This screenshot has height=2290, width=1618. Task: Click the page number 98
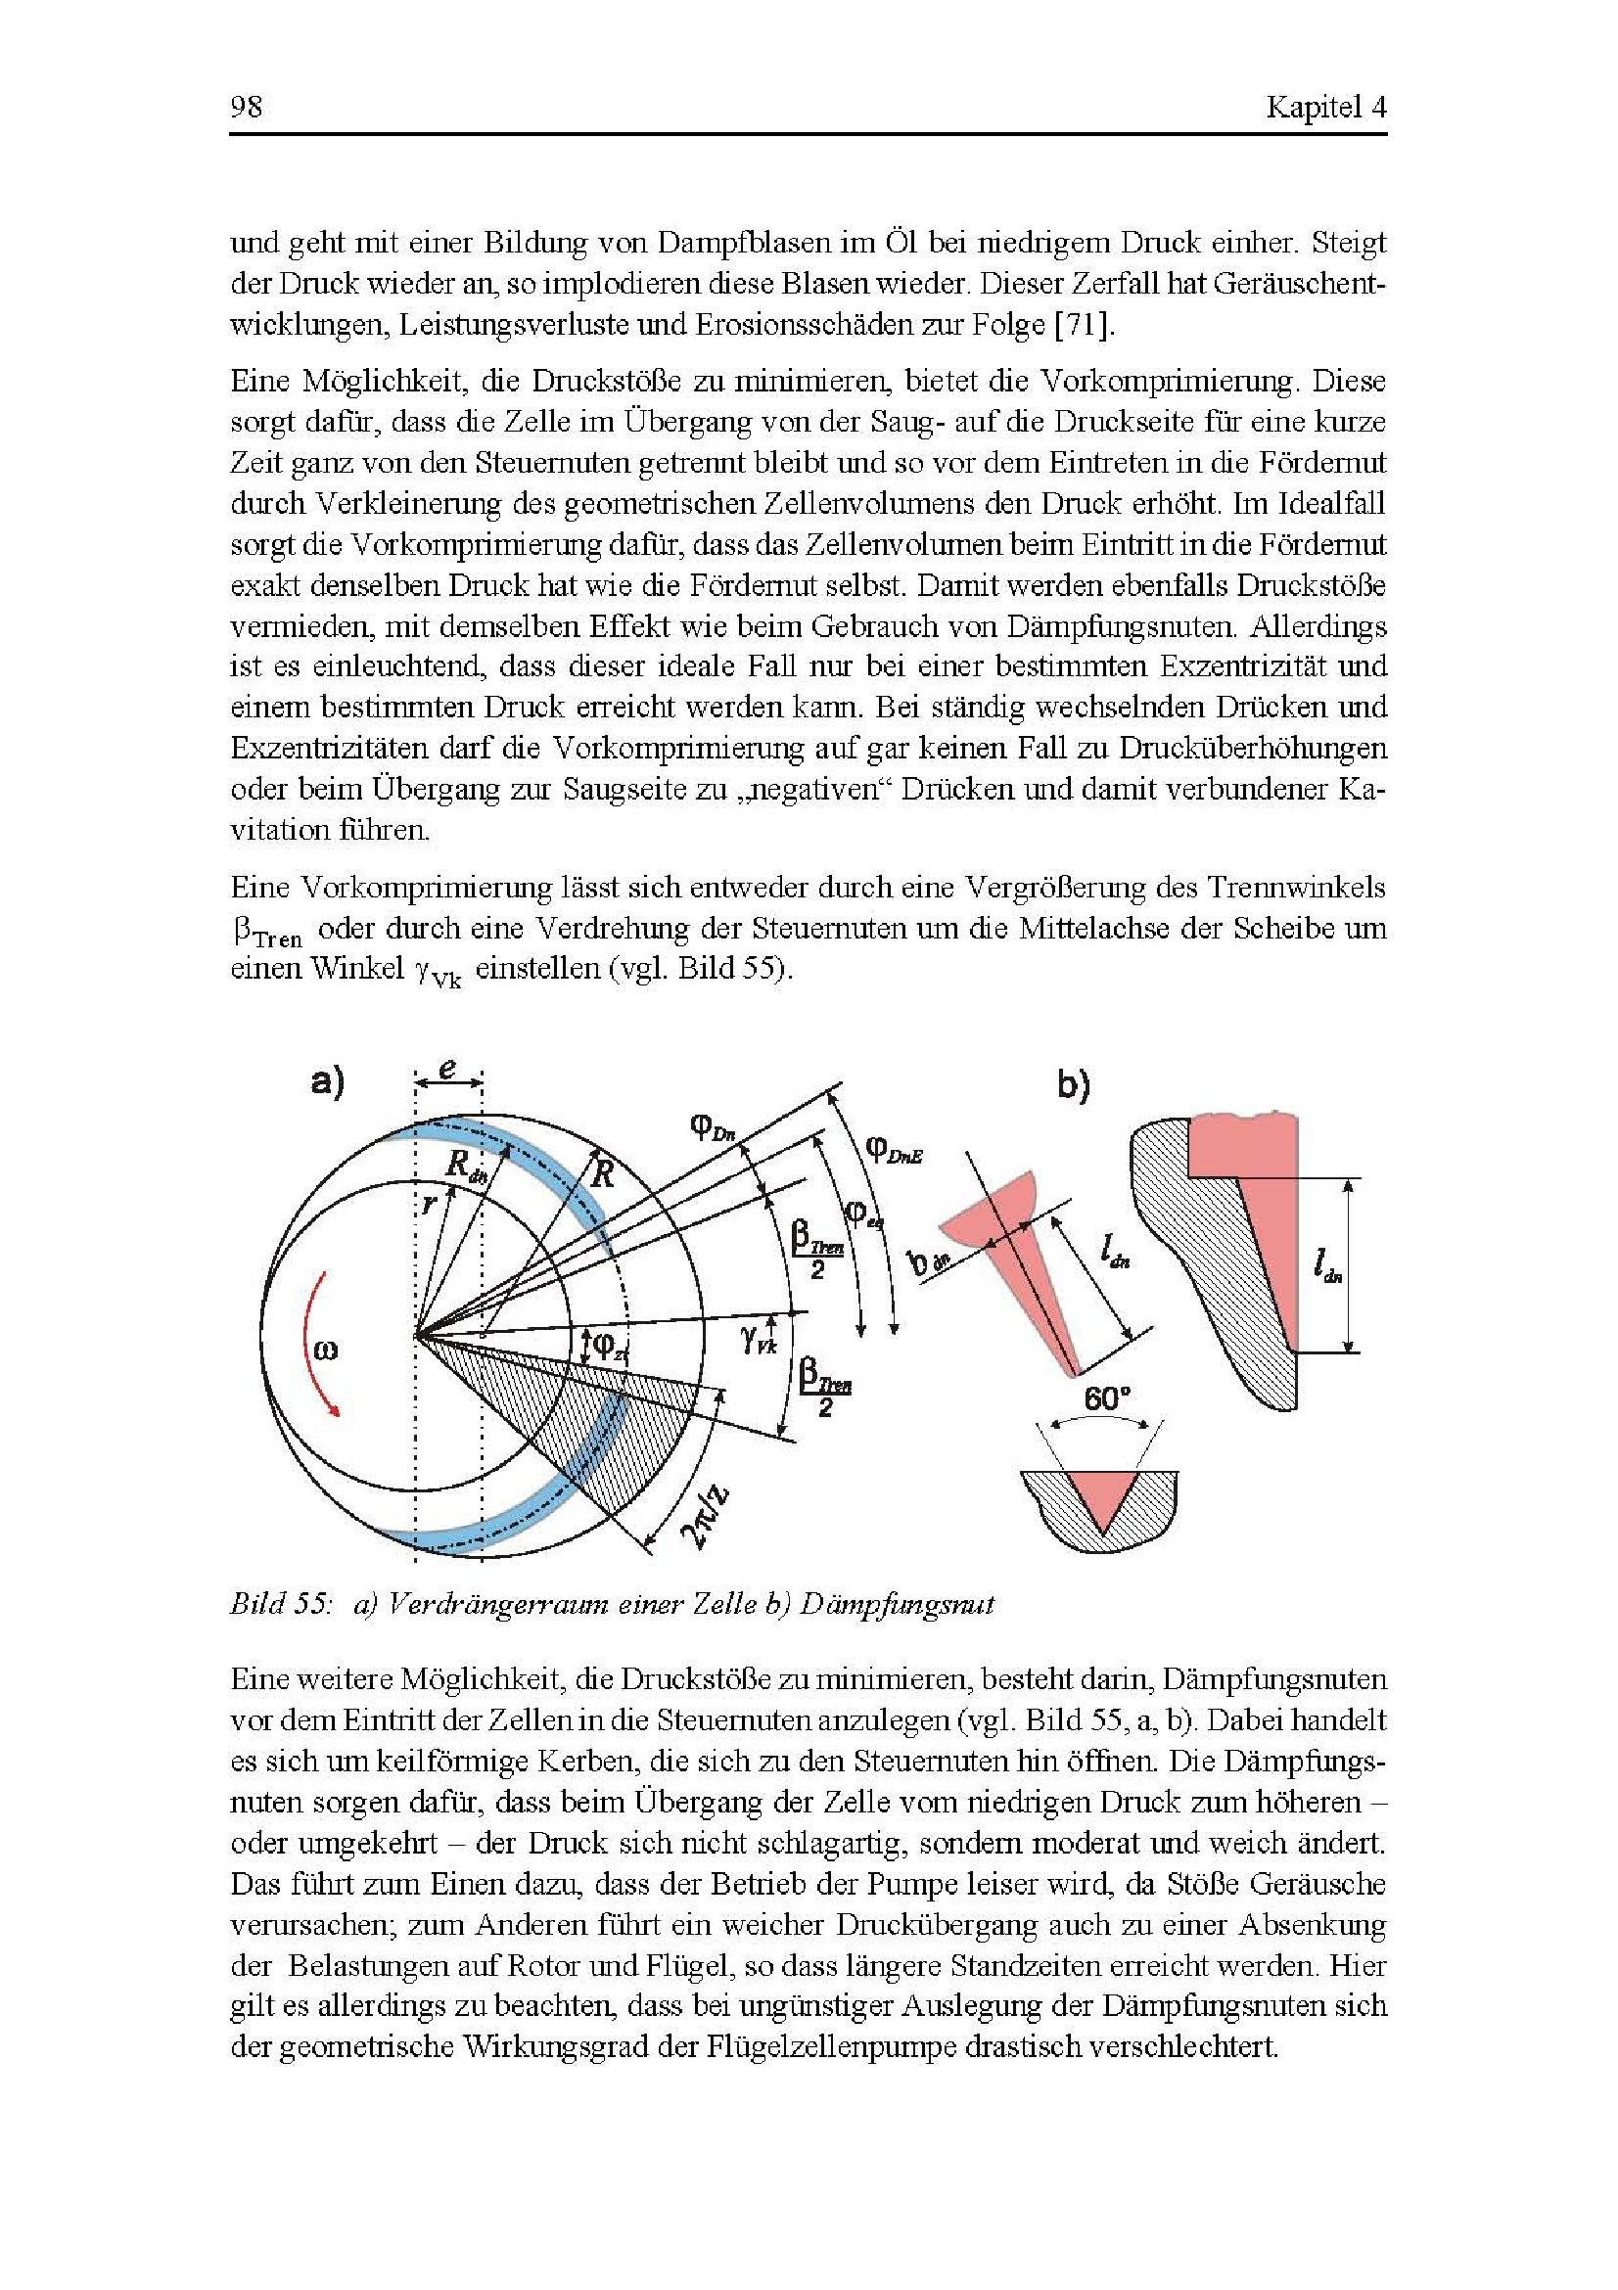click(247, 107)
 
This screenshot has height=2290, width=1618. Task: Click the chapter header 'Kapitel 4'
click(1325, 107)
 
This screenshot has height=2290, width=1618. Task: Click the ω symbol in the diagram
click(325, 1350)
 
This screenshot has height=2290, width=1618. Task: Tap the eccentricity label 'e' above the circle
click(448, 1070)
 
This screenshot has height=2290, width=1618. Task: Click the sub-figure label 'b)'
click(1074, 1085)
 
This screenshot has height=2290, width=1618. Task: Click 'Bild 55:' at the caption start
click(279, 1604)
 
